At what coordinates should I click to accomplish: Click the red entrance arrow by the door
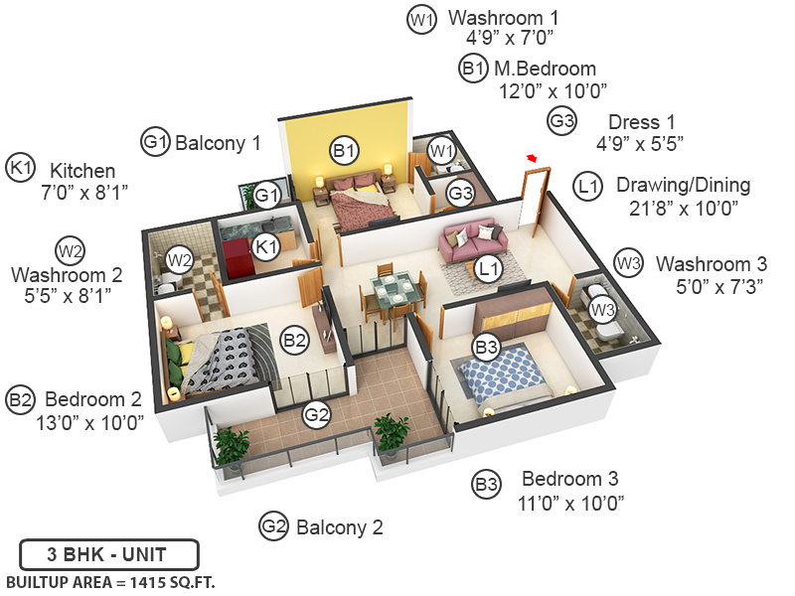533,157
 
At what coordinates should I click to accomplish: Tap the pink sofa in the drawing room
473,241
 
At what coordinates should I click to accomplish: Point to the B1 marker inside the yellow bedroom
344,151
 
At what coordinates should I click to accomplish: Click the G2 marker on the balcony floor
316,415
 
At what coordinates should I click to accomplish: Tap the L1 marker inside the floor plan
487,268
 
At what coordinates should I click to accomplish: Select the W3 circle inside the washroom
602,310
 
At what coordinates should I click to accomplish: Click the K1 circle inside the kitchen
265,246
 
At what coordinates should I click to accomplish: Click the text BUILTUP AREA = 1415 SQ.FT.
110,581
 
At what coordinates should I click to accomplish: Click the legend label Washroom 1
503,17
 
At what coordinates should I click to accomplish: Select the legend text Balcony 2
339,527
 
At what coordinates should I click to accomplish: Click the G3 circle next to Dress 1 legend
562,121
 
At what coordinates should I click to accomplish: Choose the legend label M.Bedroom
545,69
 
